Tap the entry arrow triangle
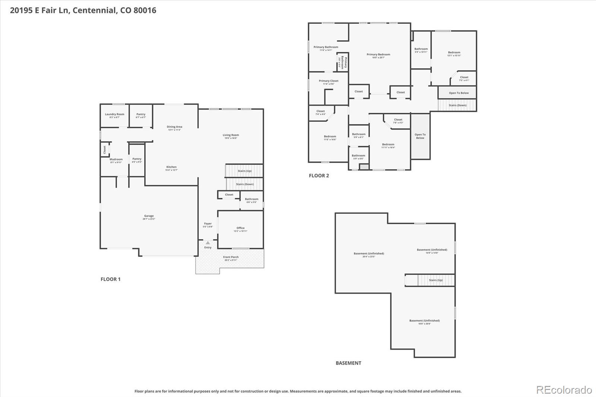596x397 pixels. (x=208, y=243)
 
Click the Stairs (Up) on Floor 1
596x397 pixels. (x=244, y=171)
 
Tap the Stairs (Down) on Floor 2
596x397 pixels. (x=457, y=105)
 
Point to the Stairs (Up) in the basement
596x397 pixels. (x=435, y=280)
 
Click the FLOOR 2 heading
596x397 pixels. (x=319, y=176)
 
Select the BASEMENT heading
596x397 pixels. (x=348, y=363)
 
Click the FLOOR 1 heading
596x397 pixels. (x=111, y=279)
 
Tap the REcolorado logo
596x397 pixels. (x=564, y=390)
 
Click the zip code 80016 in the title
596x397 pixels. (x=145, y=10)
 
